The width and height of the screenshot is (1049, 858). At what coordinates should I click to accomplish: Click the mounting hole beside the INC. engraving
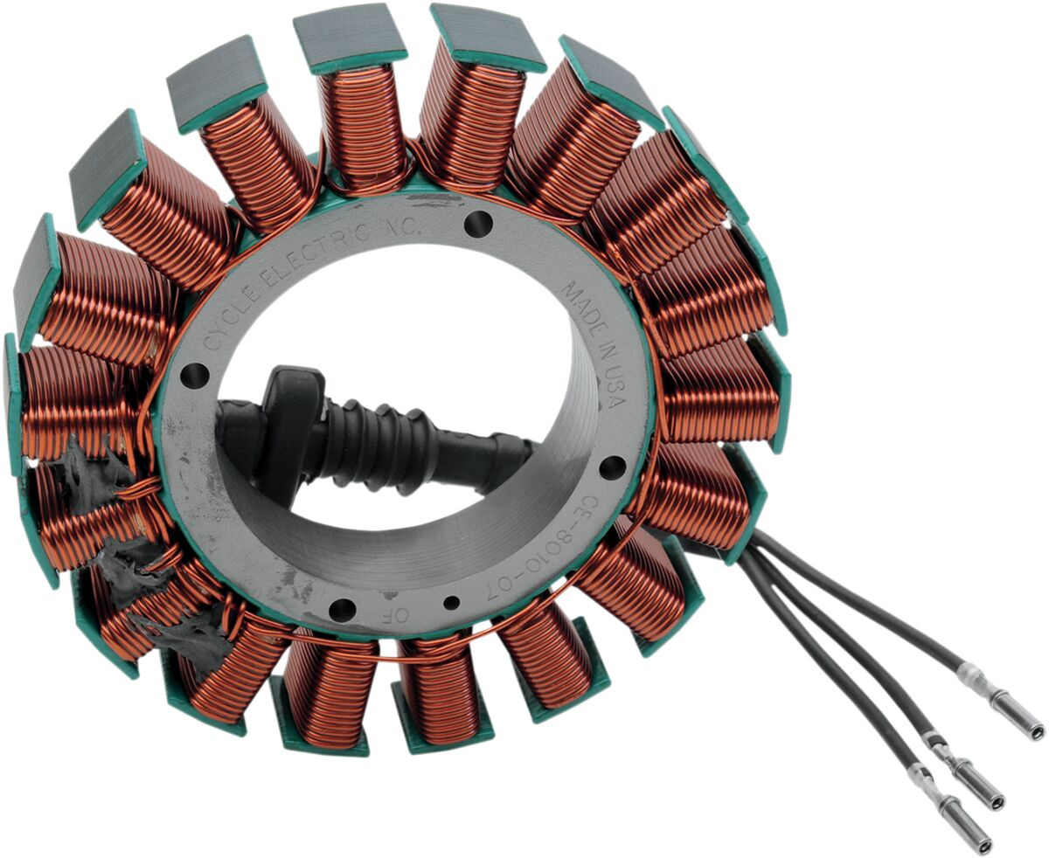coord(476,225)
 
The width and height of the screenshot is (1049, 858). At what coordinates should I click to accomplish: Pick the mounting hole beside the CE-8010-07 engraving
coord(614,467)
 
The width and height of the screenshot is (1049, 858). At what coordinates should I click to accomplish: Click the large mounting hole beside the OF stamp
coord(342,610)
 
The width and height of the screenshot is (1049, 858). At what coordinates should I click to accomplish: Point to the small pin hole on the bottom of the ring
coord(452,603)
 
